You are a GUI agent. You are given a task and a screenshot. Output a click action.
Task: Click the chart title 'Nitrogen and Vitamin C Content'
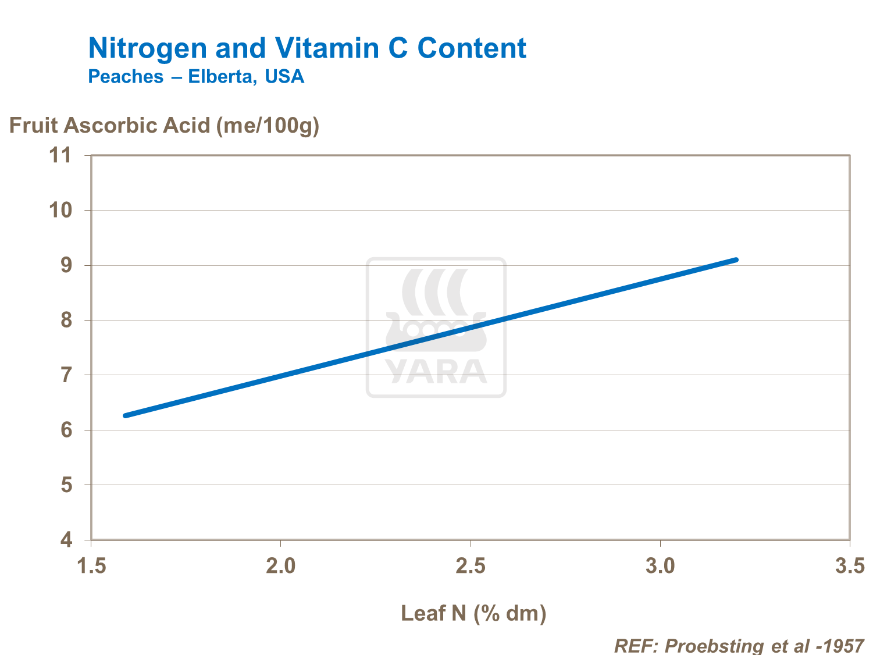point(307,48)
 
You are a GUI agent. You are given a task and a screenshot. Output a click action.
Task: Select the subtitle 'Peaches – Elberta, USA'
point(196,77)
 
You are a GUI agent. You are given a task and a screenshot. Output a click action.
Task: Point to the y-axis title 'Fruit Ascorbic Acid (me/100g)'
point(164,125)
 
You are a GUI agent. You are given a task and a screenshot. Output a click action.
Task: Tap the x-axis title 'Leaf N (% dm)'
point(473,613)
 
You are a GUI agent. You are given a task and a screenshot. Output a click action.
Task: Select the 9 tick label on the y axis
point(66,265)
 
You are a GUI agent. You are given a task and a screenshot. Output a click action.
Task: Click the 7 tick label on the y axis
point(66,375)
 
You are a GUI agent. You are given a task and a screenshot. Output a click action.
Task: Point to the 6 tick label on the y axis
point(66,430)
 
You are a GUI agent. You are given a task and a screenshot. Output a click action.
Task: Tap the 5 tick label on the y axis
point(66,485)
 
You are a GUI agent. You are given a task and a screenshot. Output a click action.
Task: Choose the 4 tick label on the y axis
point(66,540)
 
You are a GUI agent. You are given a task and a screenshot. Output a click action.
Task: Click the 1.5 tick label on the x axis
point(91,565)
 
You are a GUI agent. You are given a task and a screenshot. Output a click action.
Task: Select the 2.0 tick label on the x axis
point(281,565)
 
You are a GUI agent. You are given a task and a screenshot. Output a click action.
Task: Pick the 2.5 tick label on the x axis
point(471,565)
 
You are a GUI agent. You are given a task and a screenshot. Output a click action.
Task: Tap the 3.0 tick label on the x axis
point(661,565)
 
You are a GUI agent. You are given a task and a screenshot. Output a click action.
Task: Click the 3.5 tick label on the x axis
point(850,565)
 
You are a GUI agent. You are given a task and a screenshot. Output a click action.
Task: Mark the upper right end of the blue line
point(736,259)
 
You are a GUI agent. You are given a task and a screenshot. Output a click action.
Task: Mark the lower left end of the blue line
point(125,415)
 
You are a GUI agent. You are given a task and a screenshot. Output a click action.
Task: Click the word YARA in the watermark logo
point(436,372)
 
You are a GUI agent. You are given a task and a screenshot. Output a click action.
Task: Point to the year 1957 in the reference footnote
point(843,645)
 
